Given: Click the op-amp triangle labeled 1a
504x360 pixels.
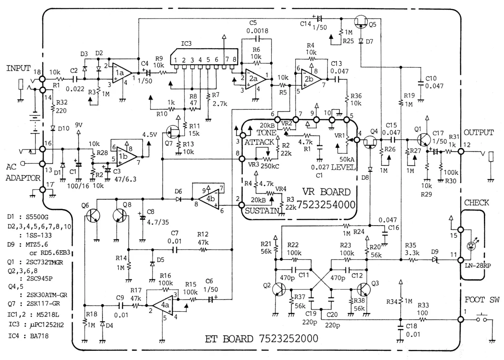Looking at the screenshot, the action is click(x=122, y=73).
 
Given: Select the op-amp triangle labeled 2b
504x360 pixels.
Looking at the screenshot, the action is click(x=311, y=79).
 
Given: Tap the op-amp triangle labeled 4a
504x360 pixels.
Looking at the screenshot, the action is click(x=163, y=305).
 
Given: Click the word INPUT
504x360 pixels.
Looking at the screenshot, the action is click(x=18, y=68).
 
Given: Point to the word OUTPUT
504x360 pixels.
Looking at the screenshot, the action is click(x=478, y=132).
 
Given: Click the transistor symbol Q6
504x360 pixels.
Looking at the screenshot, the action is click(x=93, y=216).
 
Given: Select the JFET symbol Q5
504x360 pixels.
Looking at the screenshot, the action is click(x=361, y=21).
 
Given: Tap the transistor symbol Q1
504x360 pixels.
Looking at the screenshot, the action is click(x=424, y=140).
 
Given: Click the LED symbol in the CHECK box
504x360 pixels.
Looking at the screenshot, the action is click(x=471, y=246).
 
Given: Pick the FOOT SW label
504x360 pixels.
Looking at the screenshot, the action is click(x=482, y=300).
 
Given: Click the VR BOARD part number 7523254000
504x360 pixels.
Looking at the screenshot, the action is click(x=326, y=205).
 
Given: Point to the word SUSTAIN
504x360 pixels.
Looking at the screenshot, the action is click(x=262, y=210).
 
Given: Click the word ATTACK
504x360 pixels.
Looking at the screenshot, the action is click(x=259, y=142).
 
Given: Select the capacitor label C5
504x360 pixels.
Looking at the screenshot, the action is click(x=253, y=23).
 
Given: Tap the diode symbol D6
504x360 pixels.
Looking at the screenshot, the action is click(x=178, y=199).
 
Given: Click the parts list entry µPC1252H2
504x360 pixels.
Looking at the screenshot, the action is click(x=47, y=325).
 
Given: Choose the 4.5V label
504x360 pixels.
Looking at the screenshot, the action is click(x=150, y=134).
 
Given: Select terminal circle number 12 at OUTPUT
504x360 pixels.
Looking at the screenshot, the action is click(x=461, y=151).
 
